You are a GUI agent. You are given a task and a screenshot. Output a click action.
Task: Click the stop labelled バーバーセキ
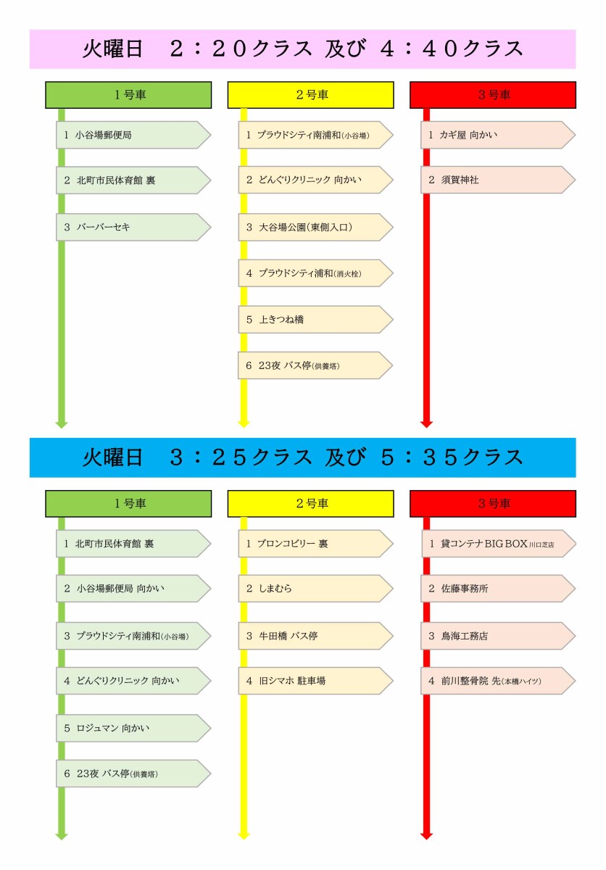point(133,227)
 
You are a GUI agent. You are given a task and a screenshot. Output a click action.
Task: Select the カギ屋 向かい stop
point(498,135)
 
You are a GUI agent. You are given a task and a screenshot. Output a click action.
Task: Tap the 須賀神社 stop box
point(498,180)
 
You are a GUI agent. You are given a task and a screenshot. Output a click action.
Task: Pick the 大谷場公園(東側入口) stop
point(315,227)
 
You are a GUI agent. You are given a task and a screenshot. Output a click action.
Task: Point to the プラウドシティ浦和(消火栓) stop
point(315,273)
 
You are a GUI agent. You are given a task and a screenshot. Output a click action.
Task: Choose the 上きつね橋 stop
point(315,319)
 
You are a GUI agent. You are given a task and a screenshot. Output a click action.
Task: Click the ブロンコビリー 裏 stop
point(315,543)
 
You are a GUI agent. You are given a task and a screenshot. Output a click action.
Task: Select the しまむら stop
point(315,589)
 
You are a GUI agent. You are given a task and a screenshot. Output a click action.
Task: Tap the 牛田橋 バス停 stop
point(315,636)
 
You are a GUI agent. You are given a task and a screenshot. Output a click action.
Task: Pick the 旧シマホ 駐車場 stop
point(315,681)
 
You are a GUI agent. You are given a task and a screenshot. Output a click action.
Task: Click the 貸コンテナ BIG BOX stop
point(498,543)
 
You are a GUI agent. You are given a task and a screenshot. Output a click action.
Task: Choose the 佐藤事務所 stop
point(498,589)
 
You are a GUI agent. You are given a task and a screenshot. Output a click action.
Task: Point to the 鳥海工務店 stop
point(498,636)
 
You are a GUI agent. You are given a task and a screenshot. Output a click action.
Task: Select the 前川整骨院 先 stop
point(498,681)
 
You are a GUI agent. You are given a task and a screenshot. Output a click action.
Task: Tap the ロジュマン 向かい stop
point(133,728)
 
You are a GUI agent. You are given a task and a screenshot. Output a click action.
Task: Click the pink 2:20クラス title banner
point(303,49)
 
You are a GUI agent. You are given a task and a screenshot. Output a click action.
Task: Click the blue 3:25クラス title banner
point(303,457)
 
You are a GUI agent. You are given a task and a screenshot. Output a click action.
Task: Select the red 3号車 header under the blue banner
point(493,503)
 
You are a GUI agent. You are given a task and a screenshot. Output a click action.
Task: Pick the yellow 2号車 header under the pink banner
point(310,95)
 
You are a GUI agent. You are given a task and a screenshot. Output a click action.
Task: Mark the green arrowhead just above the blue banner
point(62,424)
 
